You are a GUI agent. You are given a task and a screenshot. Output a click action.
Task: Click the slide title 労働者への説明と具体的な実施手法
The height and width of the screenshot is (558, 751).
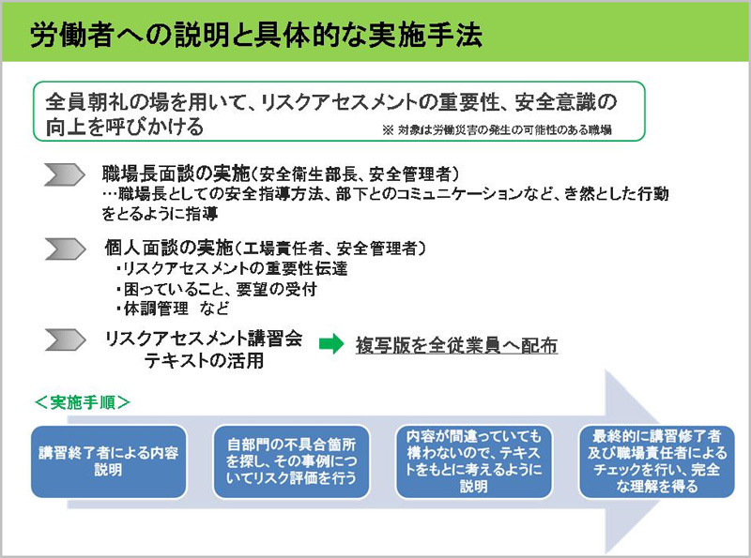[255, 35]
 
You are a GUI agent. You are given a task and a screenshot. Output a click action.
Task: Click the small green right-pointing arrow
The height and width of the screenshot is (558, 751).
[331, 343]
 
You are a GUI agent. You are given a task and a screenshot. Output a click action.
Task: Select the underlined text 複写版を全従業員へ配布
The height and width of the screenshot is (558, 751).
[456, 345]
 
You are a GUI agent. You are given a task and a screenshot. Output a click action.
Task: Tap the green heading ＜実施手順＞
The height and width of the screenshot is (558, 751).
[83, 402]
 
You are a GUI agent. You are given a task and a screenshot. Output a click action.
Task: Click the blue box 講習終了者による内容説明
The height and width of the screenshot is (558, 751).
[109, 461]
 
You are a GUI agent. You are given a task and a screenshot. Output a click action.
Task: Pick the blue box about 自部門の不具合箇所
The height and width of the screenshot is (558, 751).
[291, 461]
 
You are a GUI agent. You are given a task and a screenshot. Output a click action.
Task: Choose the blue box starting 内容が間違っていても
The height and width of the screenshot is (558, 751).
[474, 461]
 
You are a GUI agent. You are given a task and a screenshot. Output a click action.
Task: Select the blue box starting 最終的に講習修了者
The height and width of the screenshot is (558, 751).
[656, 461]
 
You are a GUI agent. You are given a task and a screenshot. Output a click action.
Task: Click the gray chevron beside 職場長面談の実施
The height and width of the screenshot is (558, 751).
[65, 174]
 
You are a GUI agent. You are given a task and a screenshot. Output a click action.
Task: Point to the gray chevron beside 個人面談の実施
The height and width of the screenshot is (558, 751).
[65, 249]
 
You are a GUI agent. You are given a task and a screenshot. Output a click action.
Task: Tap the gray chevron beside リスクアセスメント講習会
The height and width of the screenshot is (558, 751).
[65, 339]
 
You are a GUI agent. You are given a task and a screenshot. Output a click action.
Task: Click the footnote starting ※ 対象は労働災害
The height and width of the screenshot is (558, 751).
[497, 129]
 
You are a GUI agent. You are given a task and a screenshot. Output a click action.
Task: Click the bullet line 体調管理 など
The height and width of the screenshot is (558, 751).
[173, 309]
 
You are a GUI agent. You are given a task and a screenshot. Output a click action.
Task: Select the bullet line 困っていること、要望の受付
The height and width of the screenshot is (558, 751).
[217, 289]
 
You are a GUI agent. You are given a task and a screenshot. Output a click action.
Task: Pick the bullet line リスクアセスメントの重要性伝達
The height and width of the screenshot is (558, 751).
[232, 268]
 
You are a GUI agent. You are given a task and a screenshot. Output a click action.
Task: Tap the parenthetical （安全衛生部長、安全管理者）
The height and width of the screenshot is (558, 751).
[356, 173]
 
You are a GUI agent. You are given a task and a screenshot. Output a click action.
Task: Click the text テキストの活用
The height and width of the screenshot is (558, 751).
[204, 360]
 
